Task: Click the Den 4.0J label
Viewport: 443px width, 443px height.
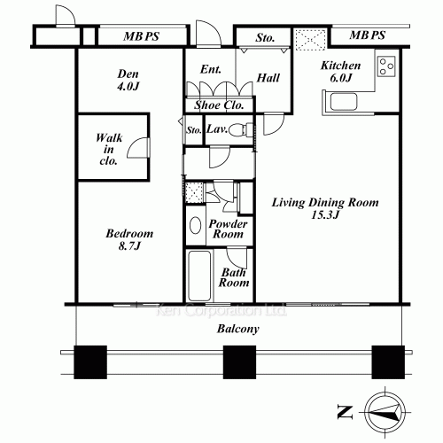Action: pyautogui.click(x=128, y=80)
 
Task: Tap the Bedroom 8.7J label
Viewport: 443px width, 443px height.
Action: pyautogui.click(x=129, y=239)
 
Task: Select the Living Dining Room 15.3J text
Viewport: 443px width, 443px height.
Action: pyautogui.click(x=325, y=208)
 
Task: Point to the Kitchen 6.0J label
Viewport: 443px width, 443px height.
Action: pyautogui.click(x=341, y=71)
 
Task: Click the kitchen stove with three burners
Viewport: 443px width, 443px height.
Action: pyautogui.click(x=386, y=66)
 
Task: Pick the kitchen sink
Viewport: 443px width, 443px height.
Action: pyautogui.click(x=344, y=102)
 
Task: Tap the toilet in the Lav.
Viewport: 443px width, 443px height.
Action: pyautogui.click(x=240, y=129)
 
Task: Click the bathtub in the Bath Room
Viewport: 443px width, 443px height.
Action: pyautogui.click(x=199, y=276)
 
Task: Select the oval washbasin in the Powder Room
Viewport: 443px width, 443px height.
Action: pyautogui.click(x=195, y=226)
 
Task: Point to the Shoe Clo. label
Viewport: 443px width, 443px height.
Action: pyautogui.click(x=219, y=105)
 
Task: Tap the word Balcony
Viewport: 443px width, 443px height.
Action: pyautogui.click(x=238, y=329)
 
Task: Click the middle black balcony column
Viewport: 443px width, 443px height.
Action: pyautogui.click(x=239, y=362)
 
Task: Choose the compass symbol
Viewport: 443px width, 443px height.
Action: pyautogui.click(x=385, y=412)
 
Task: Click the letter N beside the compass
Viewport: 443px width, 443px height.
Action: pyautogui.click(x=345, y=412)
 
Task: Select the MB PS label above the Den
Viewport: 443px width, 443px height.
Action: pyautogui.click(x=142, y=36)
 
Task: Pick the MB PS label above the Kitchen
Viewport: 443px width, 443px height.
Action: pyautogui.click(x=368, y=35)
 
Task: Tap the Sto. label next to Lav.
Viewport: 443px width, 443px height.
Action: pyautogui.click(x=194, y=130)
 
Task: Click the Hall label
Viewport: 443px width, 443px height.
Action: pyautogui.click(x=268, y=78)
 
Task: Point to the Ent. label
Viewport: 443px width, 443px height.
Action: pyautogui.click(x=211, y=69)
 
